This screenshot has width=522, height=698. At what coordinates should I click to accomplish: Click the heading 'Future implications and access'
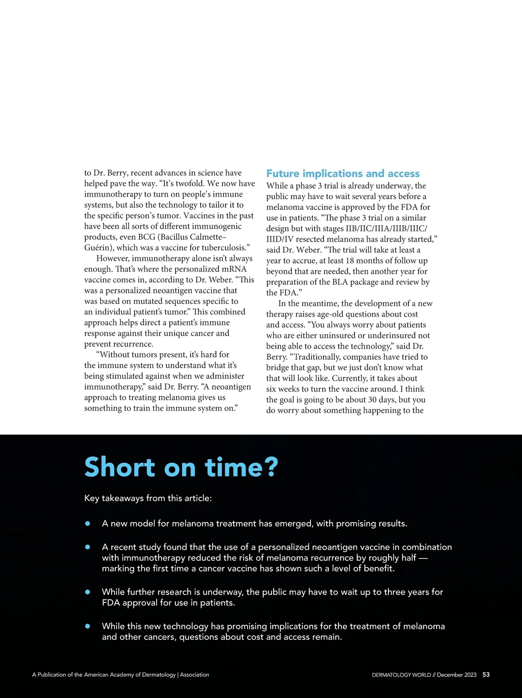[343, 174]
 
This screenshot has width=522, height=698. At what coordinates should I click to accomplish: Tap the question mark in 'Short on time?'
[271, 468]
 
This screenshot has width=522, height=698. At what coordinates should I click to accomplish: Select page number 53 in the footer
[486, 675]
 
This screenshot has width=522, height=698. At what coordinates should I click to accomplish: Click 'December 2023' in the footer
[456, 675]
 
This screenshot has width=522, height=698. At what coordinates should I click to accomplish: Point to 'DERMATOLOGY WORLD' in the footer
[401, 675]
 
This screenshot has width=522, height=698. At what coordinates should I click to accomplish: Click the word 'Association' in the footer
[194, 675]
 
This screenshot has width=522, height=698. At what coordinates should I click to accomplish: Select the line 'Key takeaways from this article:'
[148, 498]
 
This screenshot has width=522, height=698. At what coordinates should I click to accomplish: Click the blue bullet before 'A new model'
[87, 523]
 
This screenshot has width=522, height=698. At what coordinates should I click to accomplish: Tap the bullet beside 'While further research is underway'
[87, 592]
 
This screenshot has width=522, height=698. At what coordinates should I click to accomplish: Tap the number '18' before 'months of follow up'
[350, 261]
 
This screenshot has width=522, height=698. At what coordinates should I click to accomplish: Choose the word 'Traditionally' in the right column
[318, 357]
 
